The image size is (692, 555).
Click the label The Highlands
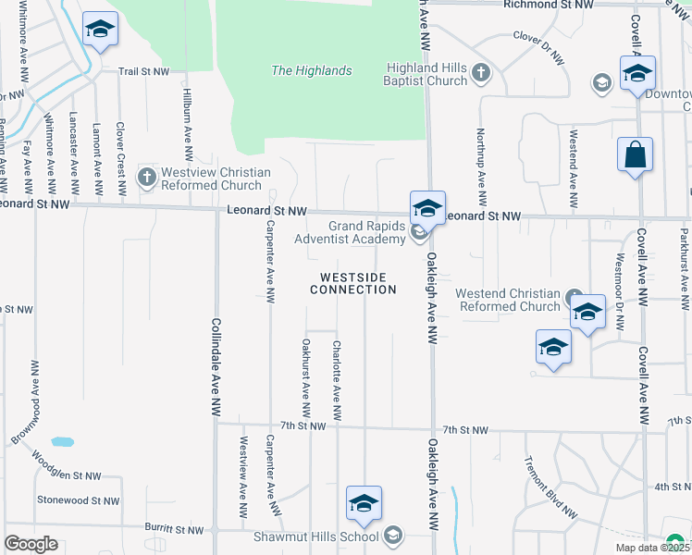[311, 70]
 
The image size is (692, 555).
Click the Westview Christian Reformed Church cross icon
[146, 176]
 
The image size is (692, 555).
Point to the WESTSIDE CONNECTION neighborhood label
[352, 283]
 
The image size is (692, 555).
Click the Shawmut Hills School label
[316, 536]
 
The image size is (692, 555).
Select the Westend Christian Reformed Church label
[508, 300]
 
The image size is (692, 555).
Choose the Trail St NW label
[143, 70]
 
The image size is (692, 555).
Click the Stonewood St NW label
[78, 500]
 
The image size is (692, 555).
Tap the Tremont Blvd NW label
[550, 487]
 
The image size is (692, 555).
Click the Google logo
[31, 543]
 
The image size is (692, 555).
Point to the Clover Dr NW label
[538, 48]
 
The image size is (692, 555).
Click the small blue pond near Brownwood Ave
[62, 442]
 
